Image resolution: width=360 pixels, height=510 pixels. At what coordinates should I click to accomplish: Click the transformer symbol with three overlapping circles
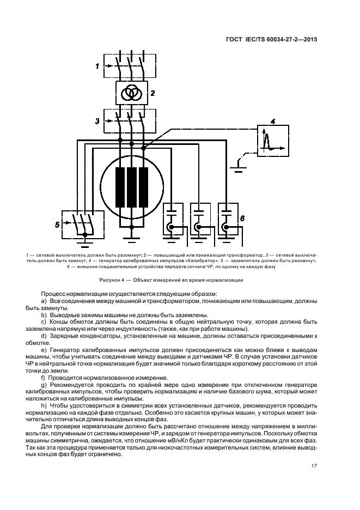(x=130, y=93)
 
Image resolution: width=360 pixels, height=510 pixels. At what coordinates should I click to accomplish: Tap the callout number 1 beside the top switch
(x=96, y=66)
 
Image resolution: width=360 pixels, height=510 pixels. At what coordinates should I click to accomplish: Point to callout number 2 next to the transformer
(x=153, y=93)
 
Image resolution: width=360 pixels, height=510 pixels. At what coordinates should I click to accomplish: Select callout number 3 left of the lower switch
(x=96, y=120)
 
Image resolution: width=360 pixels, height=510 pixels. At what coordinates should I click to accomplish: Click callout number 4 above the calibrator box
(x=273, y=121)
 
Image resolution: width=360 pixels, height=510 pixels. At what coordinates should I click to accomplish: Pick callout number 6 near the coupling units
(x=242, y=218)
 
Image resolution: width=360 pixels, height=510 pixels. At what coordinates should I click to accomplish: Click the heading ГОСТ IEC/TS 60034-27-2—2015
(x=272, y=39)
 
